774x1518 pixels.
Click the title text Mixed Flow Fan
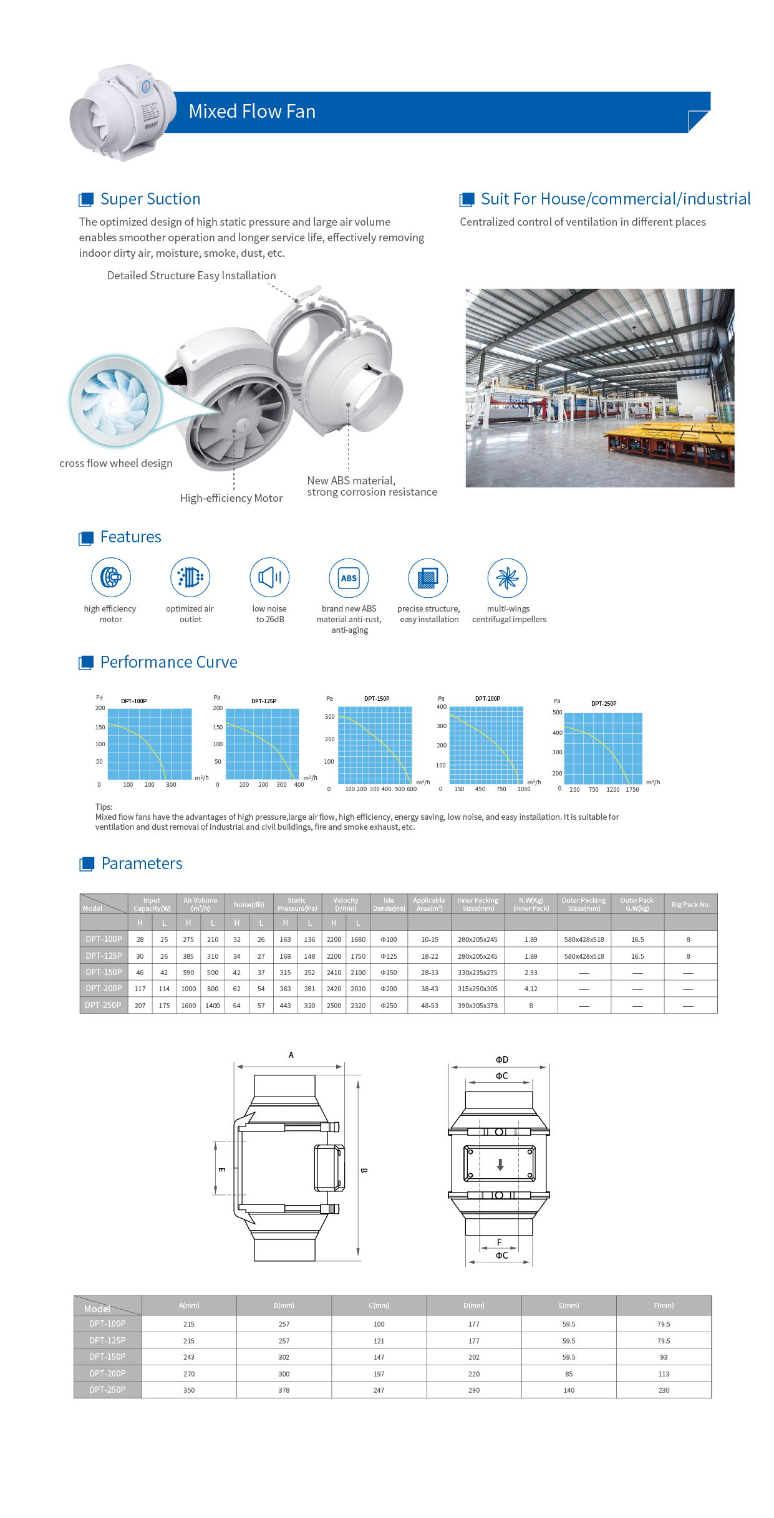[x=252, y=112]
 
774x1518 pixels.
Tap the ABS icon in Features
[x=349, y=578]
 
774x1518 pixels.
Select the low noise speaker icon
[x=269, y=577]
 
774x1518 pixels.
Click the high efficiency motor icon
[x=111, y=577]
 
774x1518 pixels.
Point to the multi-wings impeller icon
[x=508, y=578]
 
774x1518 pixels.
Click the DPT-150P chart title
[x=377, y=699]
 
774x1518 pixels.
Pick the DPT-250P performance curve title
[x=604, y=704]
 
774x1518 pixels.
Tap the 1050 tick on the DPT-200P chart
[x=524, y=789]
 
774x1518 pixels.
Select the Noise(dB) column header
[x=249, y=905]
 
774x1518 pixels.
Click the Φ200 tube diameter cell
[x=389, y=989]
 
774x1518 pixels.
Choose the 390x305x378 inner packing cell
[x=478, y=1006]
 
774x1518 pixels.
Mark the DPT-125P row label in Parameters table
[x=104, y=956]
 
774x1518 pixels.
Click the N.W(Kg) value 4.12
[x=531, y=989]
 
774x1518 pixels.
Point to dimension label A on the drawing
[x=291, y=1055]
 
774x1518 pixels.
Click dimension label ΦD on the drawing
[x=502, y=1060]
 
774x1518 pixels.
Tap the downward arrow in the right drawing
[x=500, y=1165]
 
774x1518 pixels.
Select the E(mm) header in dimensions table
[x=569, y=1305]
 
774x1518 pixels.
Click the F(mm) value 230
[x=664, y=1390]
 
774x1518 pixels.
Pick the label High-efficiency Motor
[x=231, y=498]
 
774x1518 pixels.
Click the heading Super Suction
[x=150, y=199]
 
